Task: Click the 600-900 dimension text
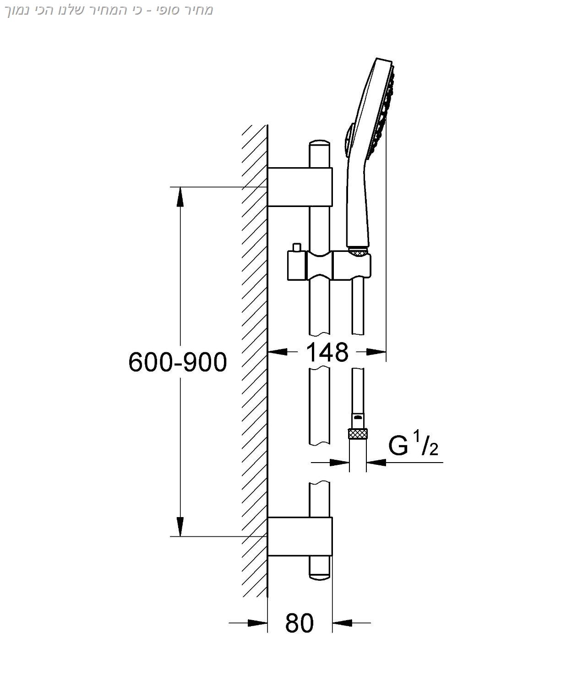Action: click(178, 362)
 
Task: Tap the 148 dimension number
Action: click(327, 352)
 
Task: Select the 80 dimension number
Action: click(300, 623)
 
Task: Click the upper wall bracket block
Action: click(300, 187)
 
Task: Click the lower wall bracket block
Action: click(300, 536)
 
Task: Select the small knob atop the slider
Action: click(297, 247)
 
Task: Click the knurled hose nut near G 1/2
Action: click(358, 433)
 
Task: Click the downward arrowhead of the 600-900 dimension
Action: click(180, 526)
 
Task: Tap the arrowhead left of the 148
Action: click(278, 352)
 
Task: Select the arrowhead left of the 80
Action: click(257, 623)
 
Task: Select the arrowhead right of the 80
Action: click(343, 623)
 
